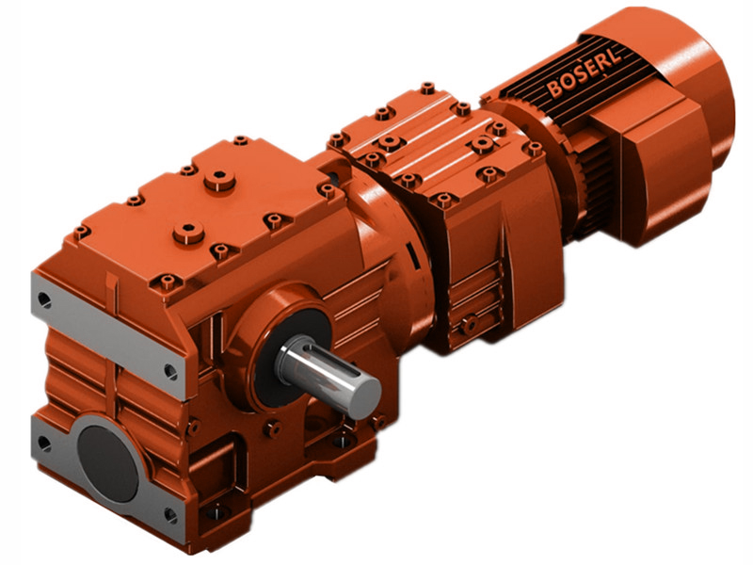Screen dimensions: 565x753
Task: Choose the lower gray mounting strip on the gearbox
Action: coord(104,471)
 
